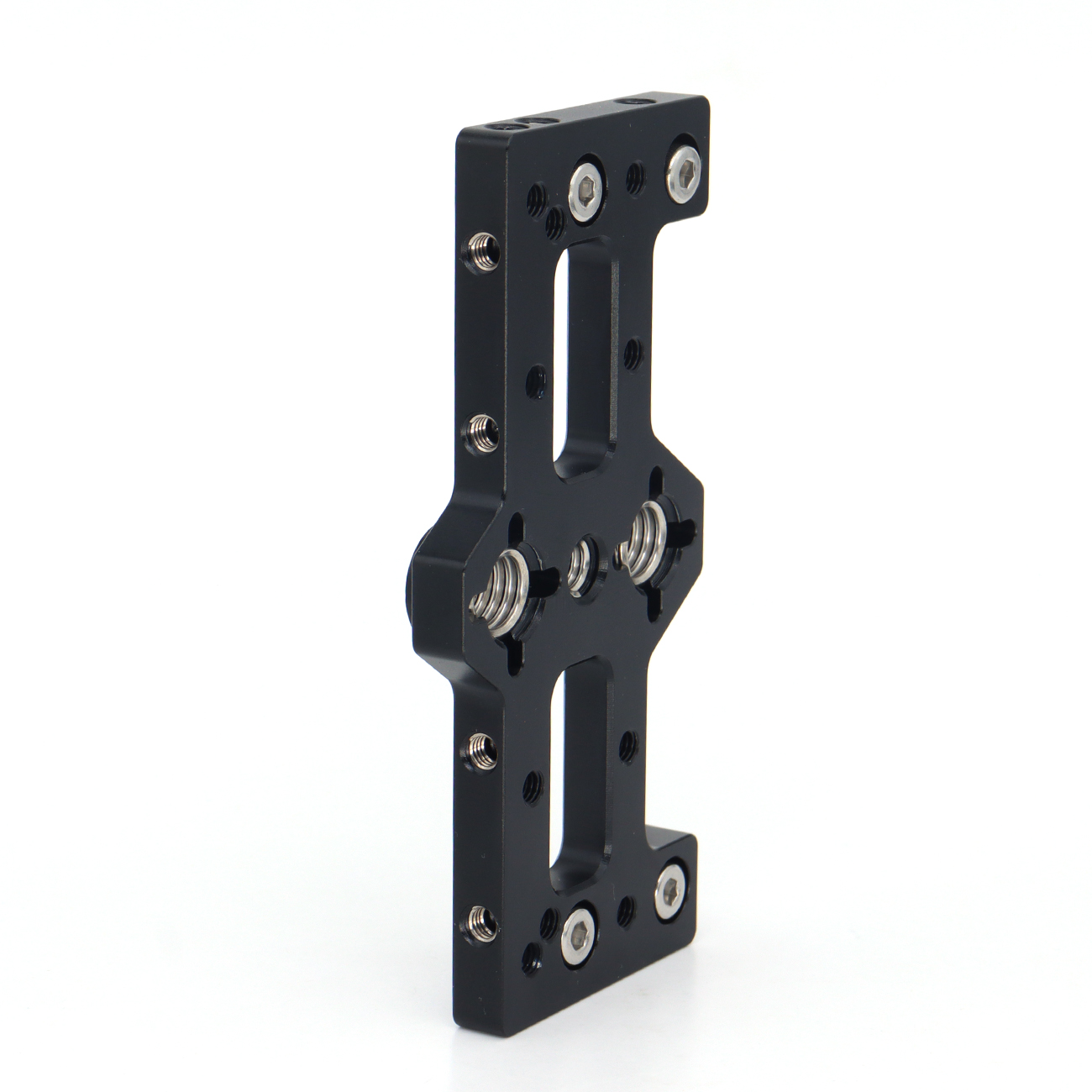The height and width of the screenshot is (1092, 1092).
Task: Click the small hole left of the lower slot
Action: [x=532, y=788]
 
